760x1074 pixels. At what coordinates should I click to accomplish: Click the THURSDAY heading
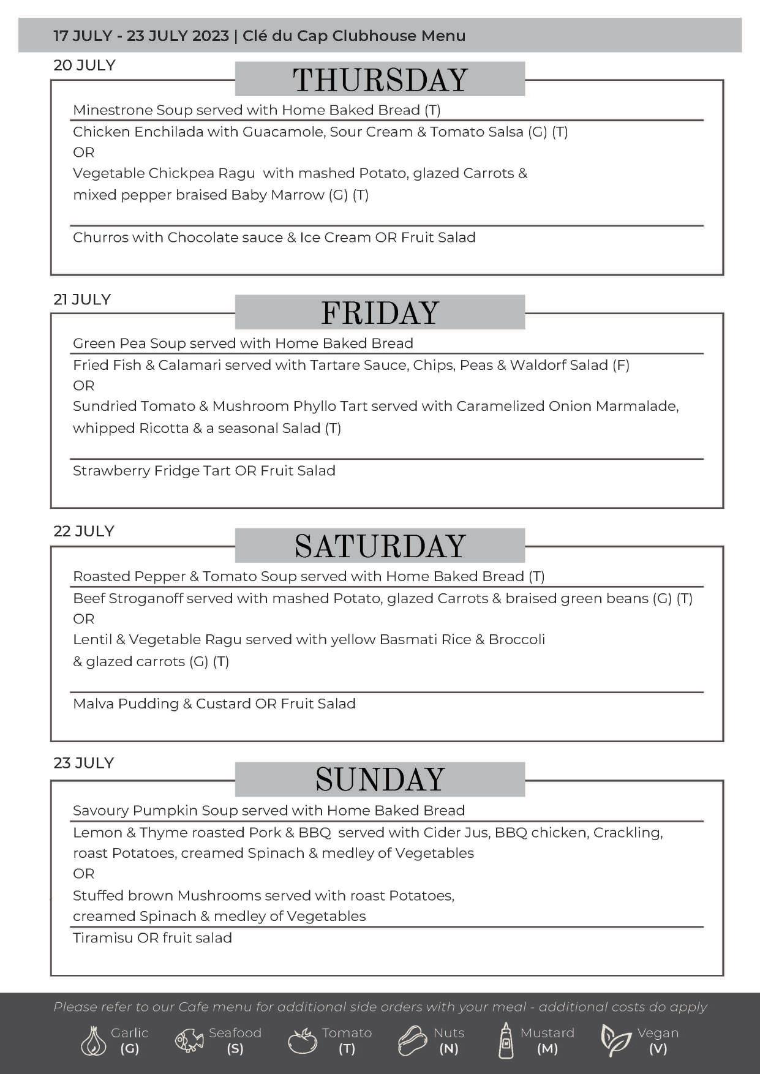[x=380, y=80]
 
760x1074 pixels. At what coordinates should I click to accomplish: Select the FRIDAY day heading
[x=380, y=313]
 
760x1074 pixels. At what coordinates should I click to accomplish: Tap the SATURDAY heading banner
[x=380, y=546]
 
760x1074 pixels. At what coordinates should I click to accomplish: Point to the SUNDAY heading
[x=380, y=779]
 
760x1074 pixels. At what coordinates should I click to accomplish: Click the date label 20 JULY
[x=85, y=66]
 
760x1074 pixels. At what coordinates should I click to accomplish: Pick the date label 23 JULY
[x=84, y=763]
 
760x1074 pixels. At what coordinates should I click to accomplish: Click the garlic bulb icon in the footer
[x=93, y=1040]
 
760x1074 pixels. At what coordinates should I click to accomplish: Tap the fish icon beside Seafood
[x=189, y=1040]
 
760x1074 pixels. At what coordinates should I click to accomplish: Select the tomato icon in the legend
[x=302, y=1040]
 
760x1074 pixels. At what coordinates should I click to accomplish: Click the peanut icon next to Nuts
[x=412, y=1040]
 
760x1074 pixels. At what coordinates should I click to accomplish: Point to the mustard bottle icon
[x=506, y=1040]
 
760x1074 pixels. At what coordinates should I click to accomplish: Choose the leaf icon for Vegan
[x=615, y=1040]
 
